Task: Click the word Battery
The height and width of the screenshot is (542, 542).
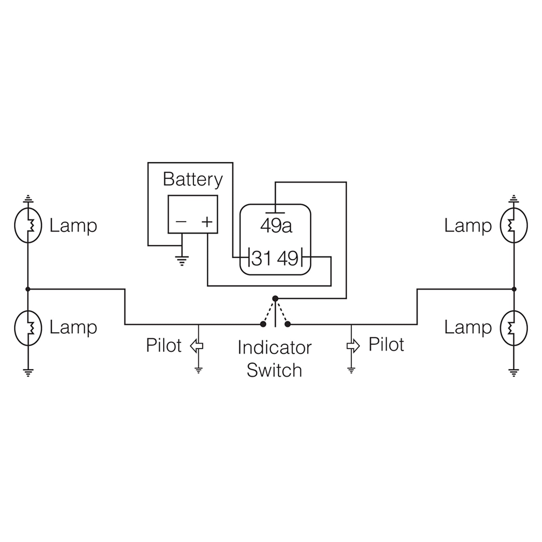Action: coord(193,179)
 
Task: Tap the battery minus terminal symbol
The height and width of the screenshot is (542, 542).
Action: coord(181,222)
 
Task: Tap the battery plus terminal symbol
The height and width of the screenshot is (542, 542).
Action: coord(207,222)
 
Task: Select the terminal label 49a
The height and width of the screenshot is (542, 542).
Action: coord(276,226)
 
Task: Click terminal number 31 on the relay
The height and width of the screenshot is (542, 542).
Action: coord(262,258)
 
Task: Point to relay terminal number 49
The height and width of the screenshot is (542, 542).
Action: coord(288,258)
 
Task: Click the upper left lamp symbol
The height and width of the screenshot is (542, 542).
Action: coord(28,225)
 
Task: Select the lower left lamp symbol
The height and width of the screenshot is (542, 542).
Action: coord(28,328)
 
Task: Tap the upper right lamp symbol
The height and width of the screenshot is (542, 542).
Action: coord(514,225)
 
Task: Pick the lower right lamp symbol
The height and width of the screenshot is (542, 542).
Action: coord(514,328)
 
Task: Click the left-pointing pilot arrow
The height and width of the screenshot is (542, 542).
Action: coord(196,346)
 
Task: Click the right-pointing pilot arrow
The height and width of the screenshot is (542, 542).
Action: coord(353,346)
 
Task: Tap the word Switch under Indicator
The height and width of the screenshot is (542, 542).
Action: coord(274,370)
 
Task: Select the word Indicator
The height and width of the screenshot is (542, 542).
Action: coord(274,348)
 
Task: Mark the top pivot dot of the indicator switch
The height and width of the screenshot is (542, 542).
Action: coord(275,298)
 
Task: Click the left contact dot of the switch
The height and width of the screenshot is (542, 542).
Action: coord(263,324)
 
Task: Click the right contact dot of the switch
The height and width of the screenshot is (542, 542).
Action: coord(288,324)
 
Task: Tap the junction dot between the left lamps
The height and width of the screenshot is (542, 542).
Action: coord(28,289)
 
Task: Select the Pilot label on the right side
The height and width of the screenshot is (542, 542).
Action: coord(386,345)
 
